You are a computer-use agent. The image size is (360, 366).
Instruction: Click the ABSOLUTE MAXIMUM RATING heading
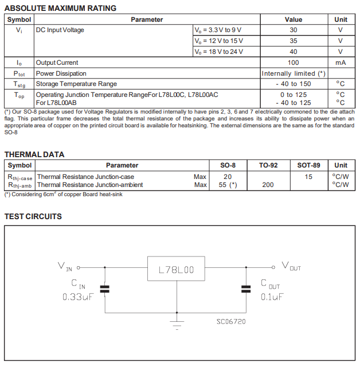(x=60, y=8)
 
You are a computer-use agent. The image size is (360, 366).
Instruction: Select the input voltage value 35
(x=293, y=41)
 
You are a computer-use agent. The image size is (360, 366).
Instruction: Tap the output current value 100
(x=293, y=63)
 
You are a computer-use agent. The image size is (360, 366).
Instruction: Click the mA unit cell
(x=341, y=63)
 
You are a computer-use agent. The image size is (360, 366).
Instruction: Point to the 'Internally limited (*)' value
(x=294, y=73)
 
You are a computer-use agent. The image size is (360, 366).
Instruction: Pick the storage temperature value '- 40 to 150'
(x=293, y=84)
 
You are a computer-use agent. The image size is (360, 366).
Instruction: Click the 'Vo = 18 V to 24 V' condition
(x=218, y=52)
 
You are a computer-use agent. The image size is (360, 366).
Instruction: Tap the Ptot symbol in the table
(x=19, y=73)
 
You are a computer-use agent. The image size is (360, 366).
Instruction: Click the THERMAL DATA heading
(x=34, y=154)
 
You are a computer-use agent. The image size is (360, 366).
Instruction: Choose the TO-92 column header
(x=268, y=165)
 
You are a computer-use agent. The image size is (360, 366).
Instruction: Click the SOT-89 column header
(x=308, y=165)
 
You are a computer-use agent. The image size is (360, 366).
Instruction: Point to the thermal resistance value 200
(x=268, y=185)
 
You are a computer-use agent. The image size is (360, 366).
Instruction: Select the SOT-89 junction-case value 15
(x=308, y=177)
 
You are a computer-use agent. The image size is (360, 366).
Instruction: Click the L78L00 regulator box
(x=176, y=268)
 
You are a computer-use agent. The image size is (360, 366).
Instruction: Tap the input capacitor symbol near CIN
(x=104, y=289)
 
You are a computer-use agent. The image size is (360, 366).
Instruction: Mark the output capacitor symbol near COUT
(x=246, y=289)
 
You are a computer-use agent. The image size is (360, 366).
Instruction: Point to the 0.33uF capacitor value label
(x=77, y=297)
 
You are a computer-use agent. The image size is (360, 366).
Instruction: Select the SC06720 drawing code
(x=231, y=321)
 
